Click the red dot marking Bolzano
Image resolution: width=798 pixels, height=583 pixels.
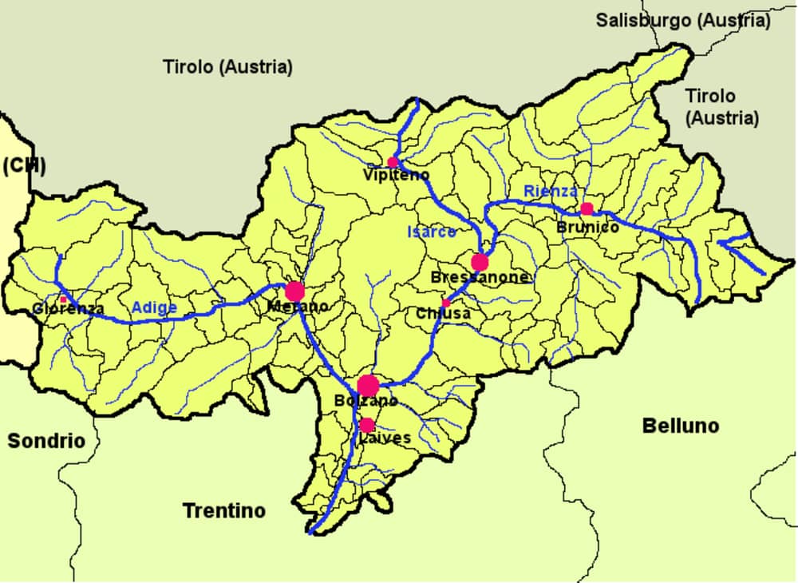click(368, 386)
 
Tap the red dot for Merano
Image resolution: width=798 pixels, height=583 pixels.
click(295, 291)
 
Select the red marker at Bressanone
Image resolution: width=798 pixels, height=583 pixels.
click(480, 263)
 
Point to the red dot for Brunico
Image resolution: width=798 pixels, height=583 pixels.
click(587, 209)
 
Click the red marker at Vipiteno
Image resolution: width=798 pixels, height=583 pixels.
click(393, 162)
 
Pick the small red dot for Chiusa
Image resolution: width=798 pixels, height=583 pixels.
click(446, 303)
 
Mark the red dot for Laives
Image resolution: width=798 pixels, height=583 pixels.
click(367, 425)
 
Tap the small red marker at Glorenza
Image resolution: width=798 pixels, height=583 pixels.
click(64, 299)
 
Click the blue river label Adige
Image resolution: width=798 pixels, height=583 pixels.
click(154, 308)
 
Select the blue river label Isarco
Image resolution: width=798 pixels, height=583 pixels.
click(432, 232)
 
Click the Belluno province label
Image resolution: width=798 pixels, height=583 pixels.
click(680, 426)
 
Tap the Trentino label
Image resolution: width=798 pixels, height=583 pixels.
click(224, 510)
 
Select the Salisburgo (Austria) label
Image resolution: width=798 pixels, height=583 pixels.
click(683, 21)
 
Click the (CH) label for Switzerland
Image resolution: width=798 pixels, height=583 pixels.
click(23, 165)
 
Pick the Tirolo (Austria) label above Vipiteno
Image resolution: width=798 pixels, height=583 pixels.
click(227, 67)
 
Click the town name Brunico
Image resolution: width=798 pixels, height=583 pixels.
click(588, 228)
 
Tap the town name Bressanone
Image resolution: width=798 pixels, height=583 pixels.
click(480, 278)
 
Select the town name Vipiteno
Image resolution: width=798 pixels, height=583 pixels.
click(396, 175)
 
